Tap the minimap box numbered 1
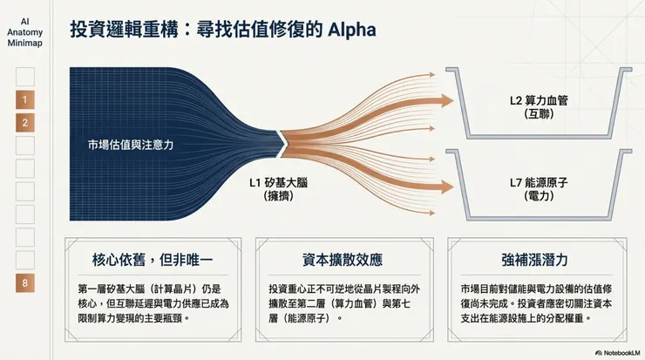click(x=25, y=100)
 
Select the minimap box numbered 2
click(x=25, y=123)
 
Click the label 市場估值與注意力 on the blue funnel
click(x=131, y=144)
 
